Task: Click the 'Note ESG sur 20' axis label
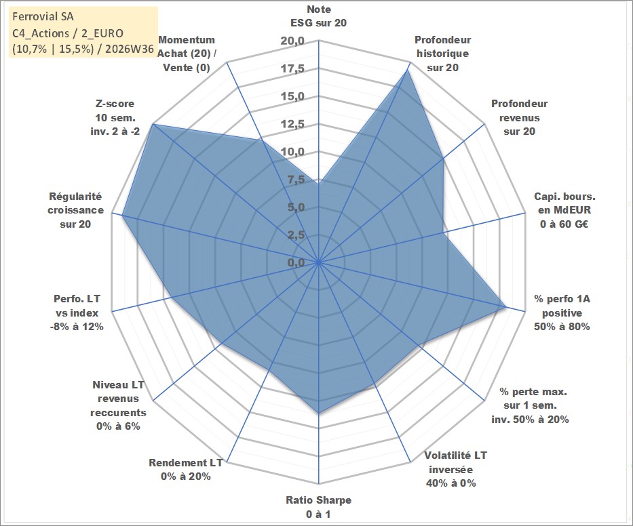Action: coord(318,16)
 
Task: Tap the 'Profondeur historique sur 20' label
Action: coord(442,54)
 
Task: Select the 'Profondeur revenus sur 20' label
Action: coord(519,117)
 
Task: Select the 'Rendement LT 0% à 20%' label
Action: coord(186,470)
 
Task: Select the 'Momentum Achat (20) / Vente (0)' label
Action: coord(187,54)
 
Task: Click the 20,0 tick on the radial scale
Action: coord(292,41)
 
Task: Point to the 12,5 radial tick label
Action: coord(292,124)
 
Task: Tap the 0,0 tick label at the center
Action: coord(296,262)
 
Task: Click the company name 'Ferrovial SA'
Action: coord(43,16)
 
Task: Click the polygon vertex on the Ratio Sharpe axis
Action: coord(318,413)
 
